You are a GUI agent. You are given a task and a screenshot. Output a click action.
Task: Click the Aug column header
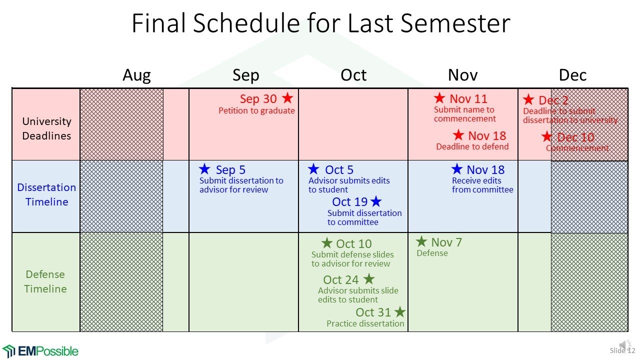click(x=136, y=75)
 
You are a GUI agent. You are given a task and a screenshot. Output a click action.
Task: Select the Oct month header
click(x=353, y=75)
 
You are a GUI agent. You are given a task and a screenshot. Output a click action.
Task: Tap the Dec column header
click(x=572, y=75)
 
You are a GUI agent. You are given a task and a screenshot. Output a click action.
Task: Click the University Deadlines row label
click(x=46, y=128)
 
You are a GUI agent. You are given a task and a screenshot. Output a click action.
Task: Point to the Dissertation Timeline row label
click(x=46, y=194)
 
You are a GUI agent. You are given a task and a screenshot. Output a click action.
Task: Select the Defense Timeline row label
click(x=45, y=281)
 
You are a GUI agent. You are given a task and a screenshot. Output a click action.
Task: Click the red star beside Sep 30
click(x=287, y=97)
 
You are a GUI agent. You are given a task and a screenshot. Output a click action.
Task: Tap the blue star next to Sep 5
click(x=204, y=169)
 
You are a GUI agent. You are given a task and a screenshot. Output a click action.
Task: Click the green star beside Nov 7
click(x=421, y=242)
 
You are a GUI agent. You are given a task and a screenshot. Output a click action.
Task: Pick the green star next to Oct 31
click(x=399, y=312)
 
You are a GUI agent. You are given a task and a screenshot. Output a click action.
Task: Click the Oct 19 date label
click(x=349, y=202)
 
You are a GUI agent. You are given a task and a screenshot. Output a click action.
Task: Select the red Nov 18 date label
click(x=486, y=135)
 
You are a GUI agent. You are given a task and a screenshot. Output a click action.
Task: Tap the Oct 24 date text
click(x=340, y=280)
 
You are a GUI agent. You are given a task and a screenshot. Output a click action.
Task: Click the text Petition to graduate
click(x=256, y=111)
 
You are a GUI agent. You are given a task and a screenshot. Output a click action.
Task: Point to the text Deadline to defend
click(x=472, y=147)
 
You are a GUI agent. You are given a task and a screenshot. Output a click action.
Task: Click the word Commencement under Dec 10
click(x=577, y=148)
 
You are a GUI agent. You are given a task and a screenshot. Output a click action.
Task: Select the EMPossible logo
click(x=40, y=350)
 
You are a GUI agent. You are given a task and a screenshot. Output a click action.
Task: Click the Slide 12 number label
click(x=621, y=350)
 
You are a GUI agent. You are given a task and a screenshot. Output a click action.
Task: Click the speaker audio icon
click(x=624, y=344)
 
